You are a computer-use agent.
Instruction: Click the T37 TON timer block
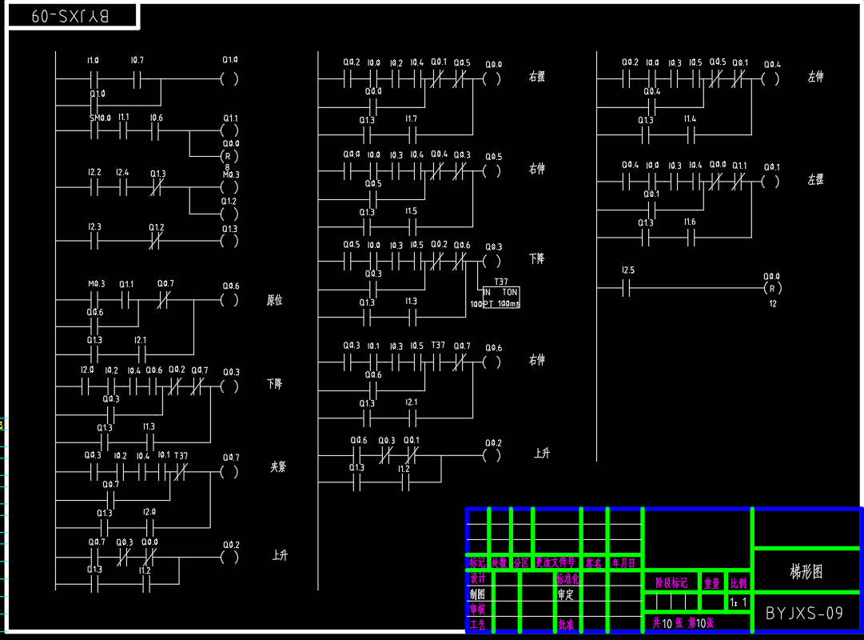point(500,298)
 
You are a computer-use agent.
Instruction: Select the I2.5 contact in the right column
point(627,289)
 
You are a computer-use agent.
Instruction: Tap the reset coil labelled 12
point(771,288)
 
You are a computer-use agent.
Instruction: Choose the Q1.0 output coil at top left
point(229,79)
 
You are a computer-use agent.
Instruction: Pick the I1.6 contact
point(691,237)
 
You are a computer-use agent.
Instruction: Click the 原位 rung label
point(274,301)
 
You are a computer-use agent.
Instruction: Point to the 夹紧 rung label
point(277,466)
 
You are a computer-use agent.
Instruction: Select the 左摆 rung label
point(814,181)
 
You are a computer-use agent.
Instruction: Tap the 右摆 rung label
point(536,78)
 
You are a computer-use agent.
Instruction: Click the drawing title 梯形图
point(806,571)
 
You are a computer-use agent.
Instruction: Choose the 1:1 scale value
point(739,602)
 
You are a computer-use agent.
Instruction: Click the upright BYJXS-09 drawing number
point(804,614)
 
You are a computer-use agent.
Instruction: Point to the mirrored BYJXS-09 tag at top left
point(72,17)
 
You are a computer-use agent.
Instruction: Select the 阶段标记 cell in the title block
point(671,582)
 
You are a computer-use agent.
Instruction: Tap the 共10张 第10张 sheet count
point(683,622)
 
